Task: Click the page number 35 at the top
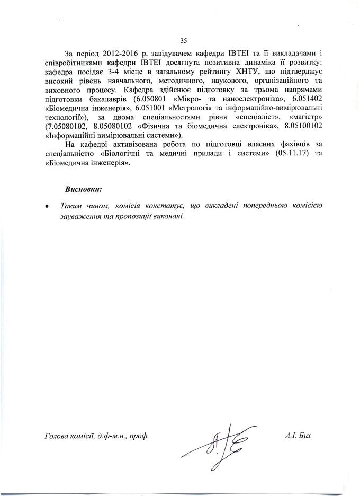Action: (184, 40)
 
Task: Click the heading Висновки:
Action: (83, 189)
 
